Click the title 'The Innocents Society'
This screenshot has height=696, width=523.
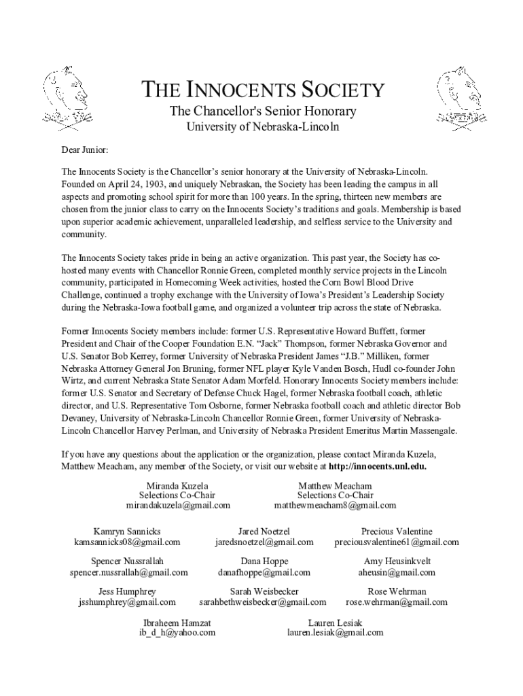tap(262, 90)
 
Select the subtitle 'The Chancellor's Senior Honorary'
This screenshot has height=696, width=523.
tap(262, 111)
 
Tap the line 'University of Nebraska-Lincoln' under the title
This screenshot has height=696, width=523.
tap(262, 127)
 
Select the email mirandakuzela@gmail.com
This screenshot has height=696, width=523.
tap(177, 506)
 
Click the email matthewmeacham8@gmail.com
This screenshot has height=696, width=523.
tap(335, 506)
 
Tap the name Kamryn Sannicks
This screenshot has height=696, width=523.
tap(127, 531)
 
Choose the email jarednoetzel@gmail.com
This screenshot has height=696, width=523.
tap(264, 542)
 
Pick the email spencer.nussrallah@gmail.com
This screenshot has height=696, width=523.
tap(128, 572)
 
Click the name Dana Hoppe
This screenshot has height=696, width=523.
tap(264, 561)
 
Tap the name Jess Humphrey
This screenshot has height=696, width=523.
tap(127, 591)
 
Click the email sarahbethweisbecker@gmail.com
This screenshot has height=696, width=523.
tap(263, 602)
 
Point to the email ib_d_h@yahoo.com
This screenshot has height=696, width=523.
tap(177, 632)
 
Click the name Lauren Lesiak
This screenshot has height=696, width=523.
tap(335, 622)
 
